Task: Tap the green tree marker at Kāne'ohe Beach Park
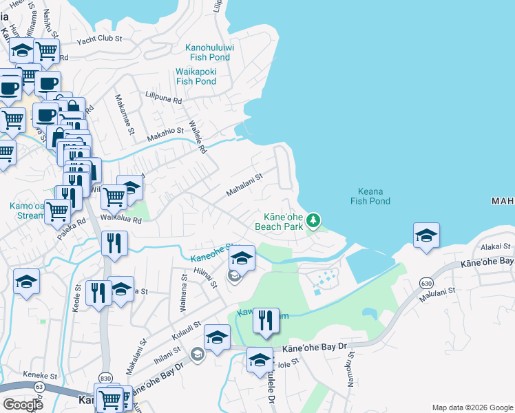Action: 314,220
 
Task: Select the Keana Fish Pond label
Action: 370,196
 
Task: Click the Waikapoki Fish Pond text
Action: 196,76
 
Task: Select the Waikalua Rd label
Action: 120,220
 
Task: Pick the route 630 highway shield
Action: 427,282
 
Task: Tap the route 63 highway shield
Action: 39,388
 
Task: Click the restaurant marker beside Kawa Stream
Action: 266,320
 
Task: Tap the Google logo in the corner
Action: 23,405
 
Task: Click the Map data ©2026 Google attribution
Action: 472,407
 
